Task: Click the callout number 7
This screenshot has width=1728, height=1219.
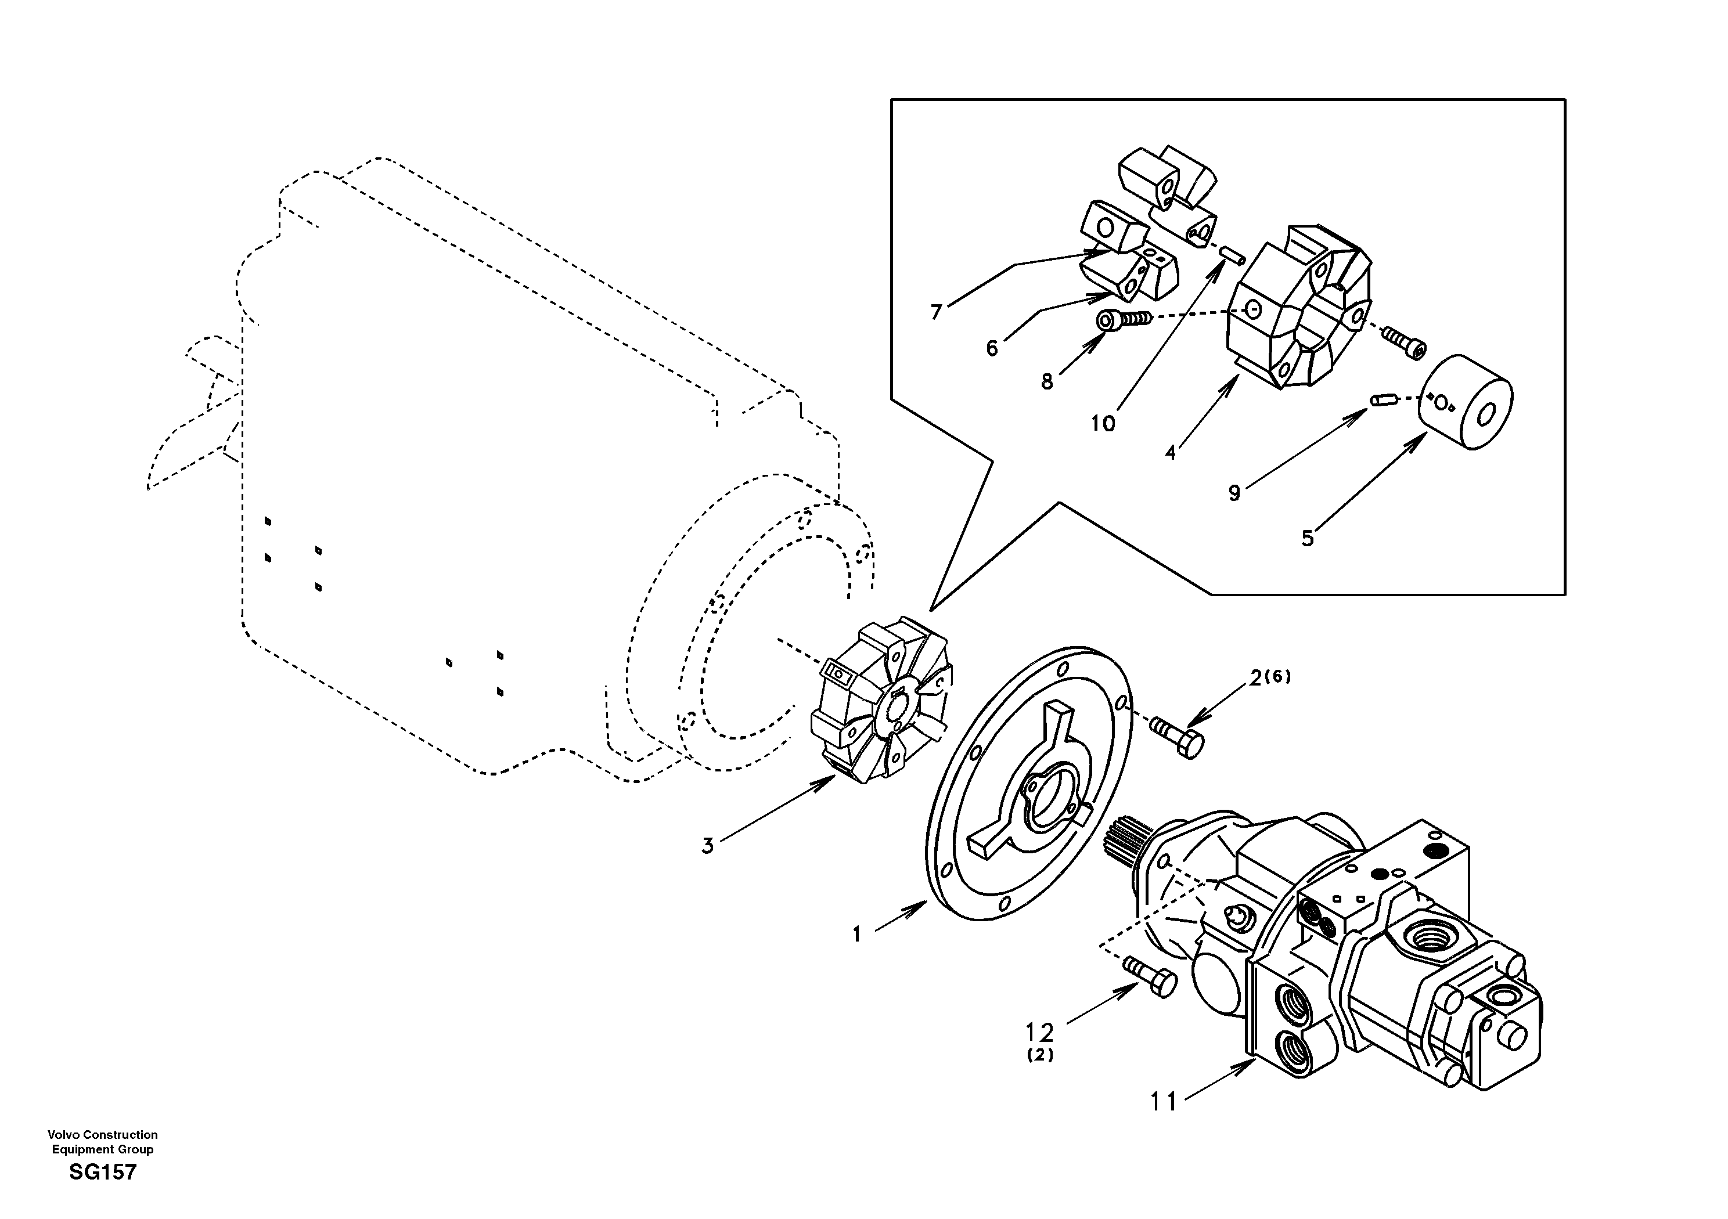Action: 936,312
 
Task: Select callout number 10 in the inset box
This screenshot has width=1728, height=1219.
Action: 1103,424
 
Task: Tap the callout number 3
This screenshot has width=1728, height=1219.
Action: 707,846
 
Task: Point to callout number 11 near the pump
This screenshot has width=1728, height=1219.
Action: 1163,1102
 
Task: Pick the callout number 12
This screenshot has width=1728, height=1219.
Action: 1040,1032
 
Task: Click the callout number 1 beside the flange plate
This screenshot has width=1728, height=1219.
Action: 856,935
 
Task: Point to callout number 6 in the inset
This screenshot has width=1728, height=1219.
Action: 992,348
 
